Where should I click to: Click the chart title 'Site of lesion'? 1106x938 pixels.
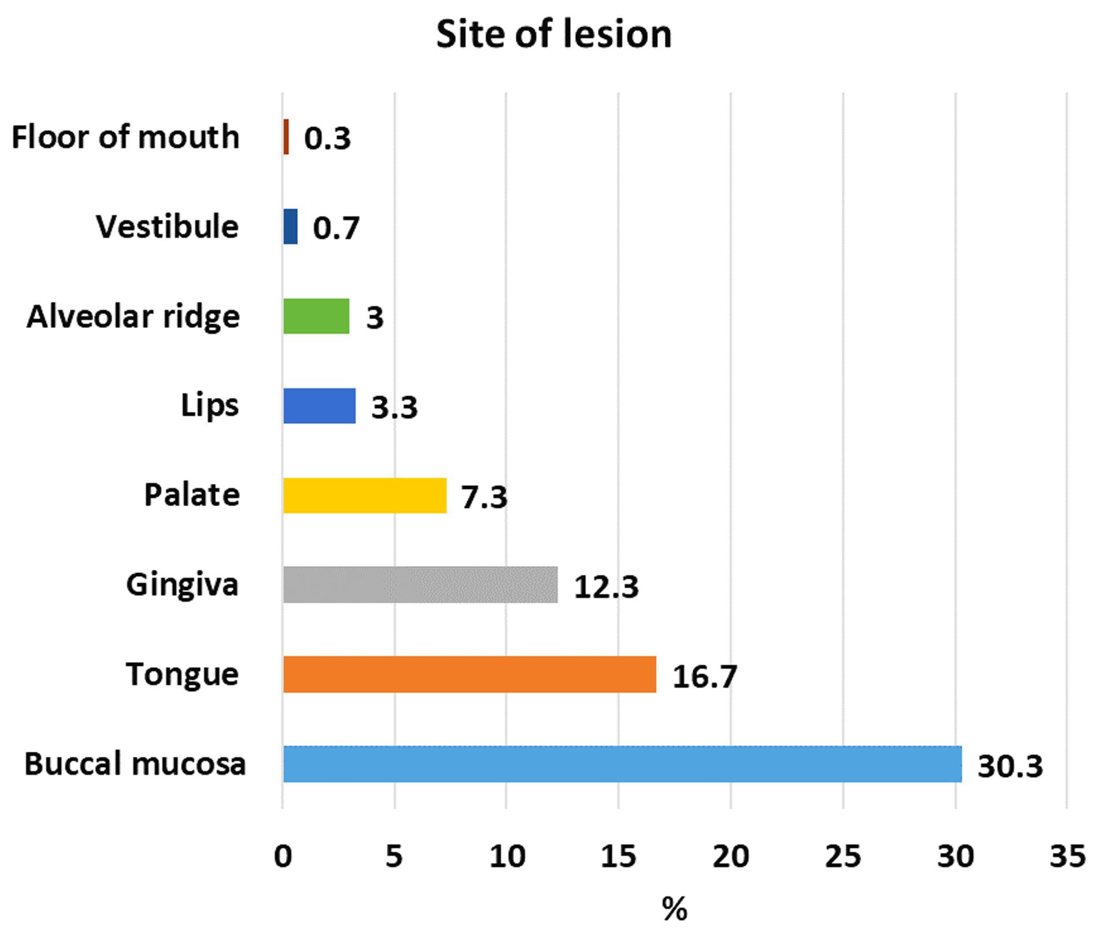point(554,34)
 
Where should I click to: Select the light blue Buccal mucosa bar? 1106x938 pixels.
point(623,764)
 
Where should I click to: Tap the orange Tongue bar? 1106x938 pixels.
point(470,674)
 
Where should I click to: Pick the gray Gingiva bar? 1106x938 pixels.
point(420,585)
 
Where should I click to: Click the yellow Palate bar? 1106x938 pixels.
point(365,496)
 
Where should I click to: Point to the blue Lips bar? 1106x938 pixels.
point(319,406)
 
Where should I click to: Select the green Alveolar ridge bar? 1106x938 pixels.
point(316,316)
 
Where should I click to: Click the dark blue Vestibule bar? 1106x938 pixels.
point(290,227)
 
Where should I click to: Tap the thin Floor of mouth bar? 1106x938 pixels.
point(286,137)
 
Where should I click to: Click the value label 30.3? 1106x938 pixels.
point(1010,766)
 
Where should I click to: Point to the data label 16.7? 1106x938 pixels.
point(705,677)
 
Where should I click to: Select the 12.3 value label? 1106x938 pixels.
point(606,587)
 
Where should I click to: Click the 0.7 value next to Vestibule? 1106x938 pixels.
point(336,228)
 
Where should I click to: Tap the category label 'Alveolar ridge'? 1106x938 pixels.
point(133,317)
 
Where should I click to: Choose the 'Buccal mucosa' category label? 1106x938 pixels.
point(135,764)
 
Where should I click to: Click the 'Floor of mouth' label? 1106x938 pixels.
point(125,138)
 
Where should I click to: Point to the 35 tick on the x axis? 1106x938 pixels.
point(1067,856)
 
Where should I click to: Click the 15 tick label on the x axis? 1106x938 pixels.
point(618,856)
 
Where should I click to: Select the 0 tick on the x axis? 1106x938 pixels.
point(283,856)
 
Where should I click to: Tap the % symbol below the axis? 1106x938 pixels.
point(675,909)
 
